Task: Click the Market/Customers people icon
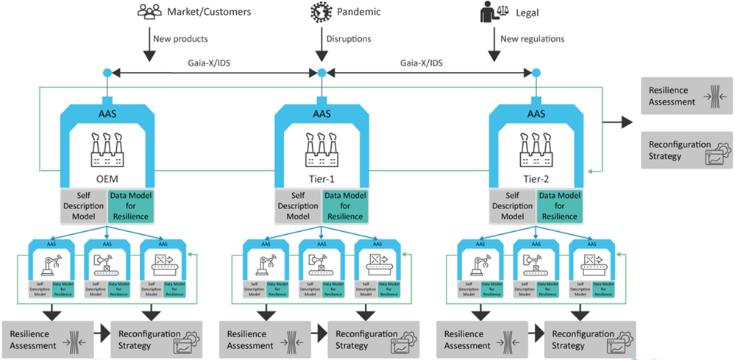click(149, 12)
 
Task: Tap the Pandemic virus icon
click(321, 12)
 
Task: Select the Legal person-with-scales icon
click(489, 13)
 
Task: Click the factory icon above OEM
click(107, 148)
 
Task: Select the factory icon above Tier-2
click(536, 148)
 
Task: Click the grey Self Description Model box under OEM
click(83, 205)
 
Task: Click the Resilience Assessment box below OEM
click(48, 339)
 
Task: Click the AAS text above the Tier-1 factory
click(322, 114)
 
